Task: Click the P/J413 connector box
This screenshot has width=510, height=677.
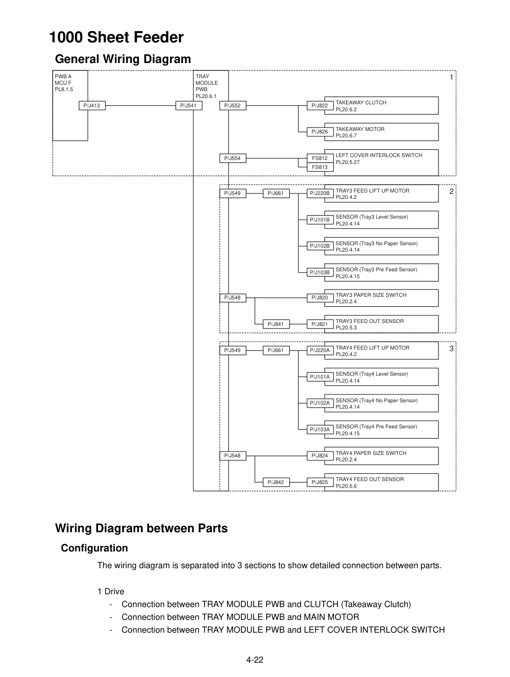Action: coord(92,105)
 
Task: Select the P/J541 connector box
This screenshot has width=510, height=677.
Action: coord(189,105)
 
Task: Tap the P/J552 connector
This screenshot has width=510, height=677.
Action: coord(233,105)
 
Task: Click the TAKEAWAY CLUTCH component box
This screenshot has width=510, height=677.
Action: coord(381,106)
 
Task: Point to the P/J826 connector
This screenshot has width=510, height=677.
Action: coord(320,131)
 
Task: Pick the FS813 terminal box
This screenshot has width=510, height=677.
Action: coord(320,167)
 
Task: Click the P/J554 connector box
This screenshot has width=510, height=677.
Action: coord(233,158)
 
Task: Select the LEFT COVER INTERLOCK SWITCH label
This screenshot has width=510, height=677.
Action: coord(379,155)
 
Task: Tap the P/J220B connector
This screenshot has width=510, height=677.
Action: coord(320,193)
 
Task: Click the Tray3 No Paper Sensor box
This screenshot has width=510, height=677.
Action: coord(381,246)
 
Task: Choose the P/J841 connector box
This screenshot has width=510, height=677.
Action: coord(276,324)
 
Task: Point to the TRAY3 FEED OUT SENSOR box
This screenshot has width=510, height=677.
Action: coord(381,324)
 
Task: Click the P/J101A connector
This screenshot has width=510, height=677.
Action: coord(320,377)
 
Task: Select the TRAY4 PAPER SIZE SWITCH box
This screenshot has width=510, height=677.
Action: coord(381,456)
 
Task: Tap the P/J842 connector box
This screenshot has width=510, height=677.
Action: coord(276,482)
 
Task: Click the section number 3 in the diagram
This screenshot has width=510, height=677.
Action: coord(451,349)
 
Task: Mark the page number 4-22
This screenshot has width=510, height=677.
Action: coord(255,660)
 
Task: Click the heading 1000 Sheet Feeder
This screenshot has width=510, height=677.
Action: coord(116,37)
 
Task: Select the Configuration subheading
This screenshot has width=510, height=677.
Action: coord(95,548)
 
